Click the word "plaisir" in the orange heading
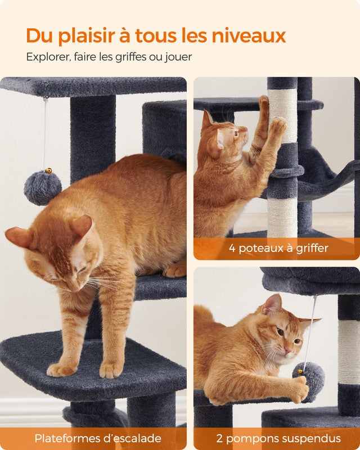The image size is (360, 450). pos(85,36)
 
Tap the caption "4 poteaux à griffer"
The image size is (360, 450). pos(278,248)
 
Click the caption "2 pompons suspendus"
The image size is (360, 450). pos(278,438)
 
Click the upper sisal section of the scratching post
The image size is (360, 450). pos(282,115)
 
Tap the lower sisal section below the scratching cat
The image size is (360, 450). pos(282,217)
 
